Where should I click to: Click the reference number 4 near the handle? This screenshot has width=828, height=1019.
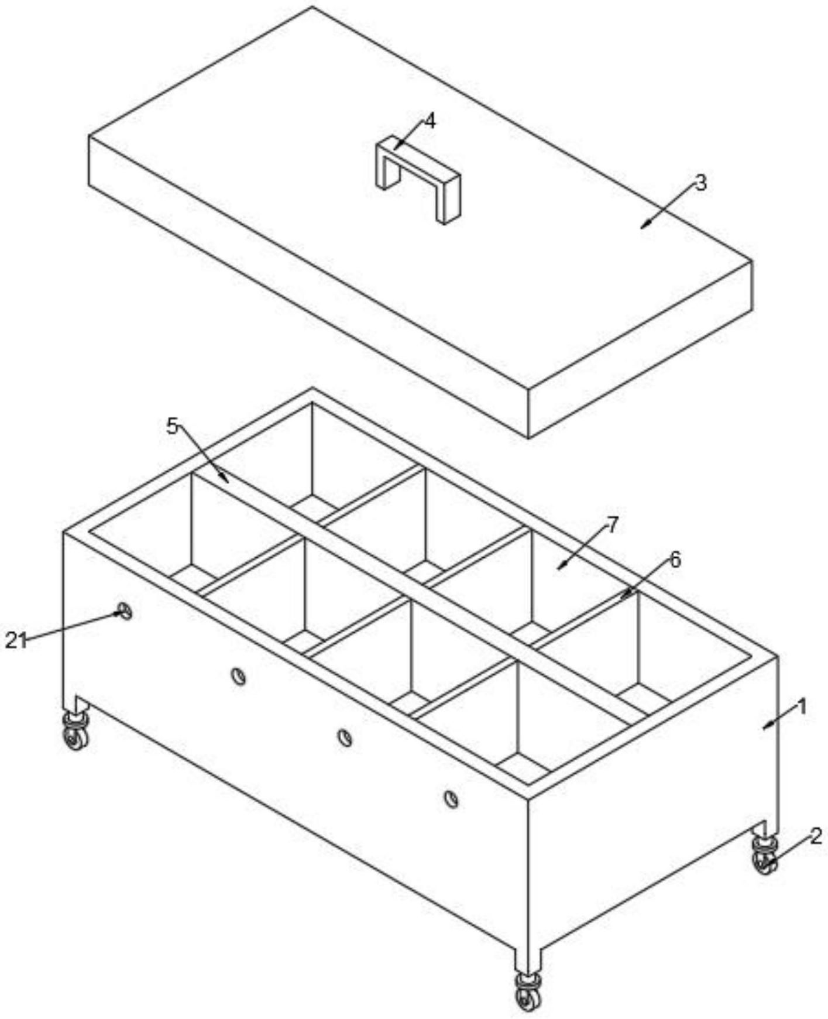(x=430, y=121)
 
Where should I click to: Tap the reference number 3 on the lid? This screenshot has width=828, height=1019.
(x=700, y=183)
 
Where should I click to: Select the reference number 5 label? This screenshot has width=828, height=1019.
(x=171, y=426)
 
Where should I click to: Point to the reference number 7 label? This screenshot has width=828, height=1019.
(x=612, y=525)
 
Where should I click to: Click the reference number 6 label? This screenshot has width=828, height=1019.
(x=675, y=560)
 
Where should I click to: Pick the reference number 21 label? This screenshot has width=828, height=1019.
(x=16, y=640)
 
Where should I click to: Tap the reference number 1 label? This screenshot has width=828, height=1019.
(x=802, y=706)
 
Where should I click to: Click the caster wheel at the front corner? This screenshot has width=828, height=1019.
(x=528, y=991)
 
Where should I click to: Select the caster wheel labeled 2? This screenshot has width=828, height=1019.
(x=765, y=856)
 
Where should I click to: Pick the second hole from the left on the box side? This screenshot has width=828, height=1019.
(x=238, y=677)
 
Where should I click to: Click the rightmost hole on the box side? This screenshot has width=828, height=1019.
(x=451, y=798)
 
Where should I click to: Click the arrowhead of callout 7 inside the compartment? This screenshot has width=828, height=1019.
(x=560, y=567)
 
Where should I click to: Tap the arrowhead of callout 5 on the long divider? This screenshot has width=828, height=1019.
(x=226, y=480)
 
